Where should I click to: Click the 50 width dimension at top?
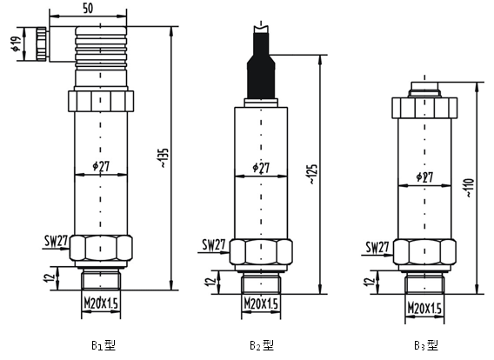coord(88,8)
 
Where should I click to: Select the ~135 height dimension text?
coord(164,157)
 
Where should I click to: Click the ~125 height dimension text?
coord(312,174)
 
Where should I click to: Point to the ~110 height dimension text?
coord(469,188)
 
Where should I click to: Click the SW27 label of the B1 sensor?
coord(56,241)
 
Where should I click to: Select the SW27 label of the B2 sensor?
coord(214,245)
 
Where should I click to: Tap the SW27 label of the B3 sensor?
coord(377,248)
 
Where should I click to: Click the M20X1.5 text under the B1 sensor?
coord(101,303)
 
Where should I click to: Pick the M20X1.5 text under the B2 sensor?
coord(261,304)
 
